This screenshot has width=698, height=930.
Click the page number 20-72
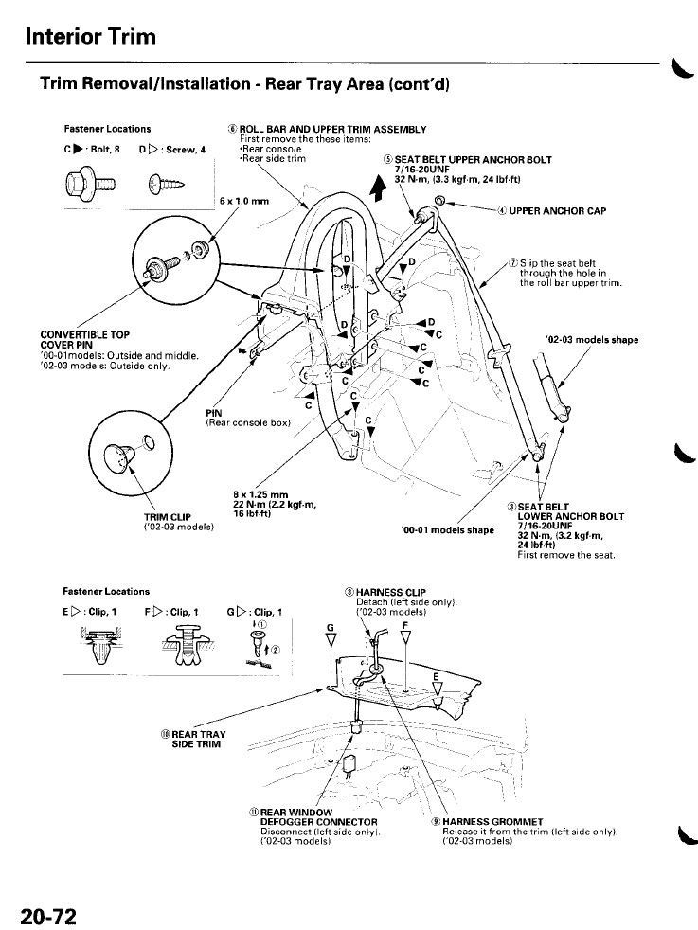[48, 917]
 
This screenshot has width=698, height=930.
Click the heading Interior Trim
[91, 36]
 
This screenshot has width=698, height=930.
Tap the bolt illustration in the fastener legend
[92, 183]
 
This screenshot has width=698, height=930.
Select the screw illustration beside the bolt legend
[167, 183]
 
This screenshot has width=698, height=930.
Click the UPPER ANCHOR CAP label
[557, 210]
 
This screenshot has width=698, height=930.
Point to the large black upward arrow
[378, 188]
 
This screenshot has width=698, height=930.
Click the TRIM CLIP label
[168, 517]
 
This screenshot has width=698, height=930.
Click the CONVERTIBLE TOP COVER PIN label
[85, 340]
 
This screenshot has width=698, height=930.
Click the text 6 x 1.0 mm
[243, 201]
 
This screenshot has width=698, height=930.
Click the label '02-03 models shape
[592, 340]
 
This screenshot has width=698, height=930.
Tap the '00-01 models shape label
[448, 529]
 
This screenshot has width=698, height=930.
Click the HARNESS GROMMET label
[492, 821]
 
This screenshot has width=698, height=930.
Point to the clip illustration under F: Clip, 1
[186, 644]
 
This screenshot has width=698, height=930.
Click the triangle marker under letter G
[331, 638]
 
